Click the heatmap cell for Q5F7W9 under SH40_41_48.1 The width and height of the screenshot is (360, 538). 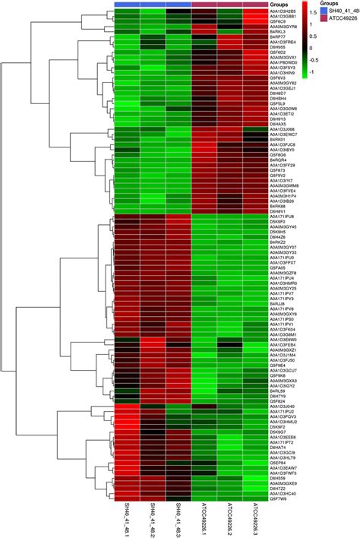(x=126, y=498)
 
